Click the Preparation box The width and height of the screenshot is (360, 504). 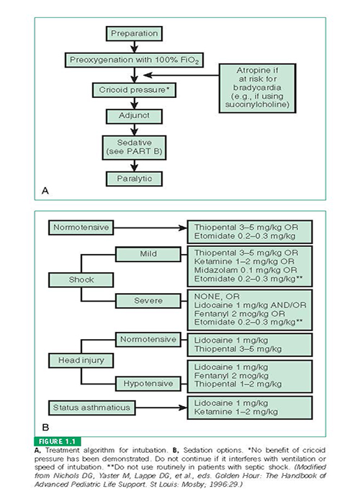(x=134, y=33)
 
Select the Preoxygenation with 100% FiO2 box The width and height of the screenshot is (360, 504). (x=134, y=60)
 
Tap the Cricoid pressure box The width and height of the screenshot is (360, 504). (x=134, y=90)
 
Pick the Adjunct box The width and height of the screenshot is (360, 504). (x=134, y=116)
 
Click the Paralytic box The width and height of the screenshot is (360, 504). (x=134, y=179)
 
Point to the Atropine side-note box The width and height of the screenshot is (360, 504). (x=258, y=88)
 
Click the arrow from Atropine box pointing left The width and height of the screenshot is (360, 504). (x=181, y=75)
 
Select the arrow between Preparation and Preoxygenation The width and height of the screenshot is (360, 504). (x=135, y=47)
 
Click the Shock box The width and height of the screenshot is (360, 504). (x=81, y=280)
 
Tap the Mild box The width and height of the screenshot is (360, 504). (x=148, y=254)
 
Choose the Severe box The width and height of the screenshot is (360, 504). (x=148, y=301)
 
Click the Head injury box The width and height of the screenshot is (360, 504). (x=81, y=360)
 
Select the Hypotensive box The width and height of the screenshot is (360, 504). (x=148, y=384)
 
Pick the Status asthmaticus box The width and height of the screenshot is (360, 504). (x=91, y=408)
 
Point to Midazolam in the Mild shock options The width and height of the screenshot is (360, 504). (x=213, y=270)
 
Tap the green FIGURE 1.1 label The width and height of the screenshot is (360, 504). (x=57, y=441)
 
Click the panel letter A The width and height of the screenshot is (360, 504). (x=45, y=191)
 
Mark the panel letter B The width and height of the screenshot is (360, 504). (x=45, y=428)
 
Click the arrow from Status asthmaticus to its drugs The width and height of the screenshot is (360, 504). (x=161, y=408)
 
